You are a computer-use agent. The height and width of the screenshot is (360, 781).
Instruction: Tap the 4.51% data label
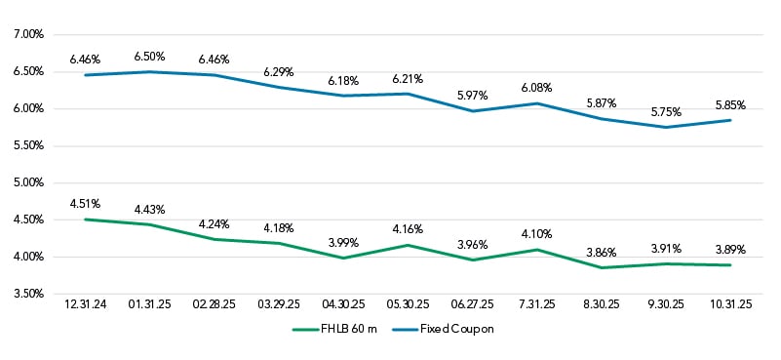coord(86,204)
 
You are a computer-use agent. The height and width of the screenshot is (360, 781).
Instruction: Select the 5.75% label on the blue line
coord(665,112)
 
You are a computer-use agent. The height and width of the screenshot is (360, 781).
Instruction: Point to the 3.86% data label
coord(601,252)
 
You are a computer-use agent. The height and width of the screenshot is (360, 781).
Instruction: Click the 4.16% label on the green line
coord(408,229)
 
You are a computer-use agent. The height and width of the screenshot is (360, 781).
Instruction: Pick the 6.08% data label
coord(536,88)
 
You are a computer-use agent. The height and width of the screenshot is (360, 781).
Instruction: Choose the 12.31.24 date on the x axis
coord(86,306)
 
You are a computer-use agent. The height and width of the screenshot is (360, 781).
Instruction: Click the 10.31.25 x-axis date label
coord(729,306)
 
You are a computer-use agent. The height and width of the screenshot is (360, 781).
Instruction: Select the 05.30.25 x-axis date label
coord(408,306)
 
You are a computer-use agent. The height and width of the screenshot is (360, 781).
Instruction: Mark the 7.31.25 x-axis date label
coord(536,306)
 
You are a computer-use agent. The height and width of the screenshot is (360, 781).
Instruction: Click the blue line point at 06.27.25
coord(472,111)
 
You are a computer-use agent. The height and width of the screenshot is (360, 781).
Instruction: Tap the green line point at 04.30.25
coord(343,258)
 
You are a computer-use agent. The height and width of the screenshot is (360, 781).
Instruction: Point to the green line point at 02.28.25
coord(215,239)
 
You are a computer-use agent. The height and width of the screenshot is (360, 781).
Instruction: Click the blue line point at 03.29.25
coord(279,87)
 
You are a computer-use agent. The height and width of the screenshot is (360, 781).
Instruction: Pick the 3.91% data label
coord(665,248)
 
